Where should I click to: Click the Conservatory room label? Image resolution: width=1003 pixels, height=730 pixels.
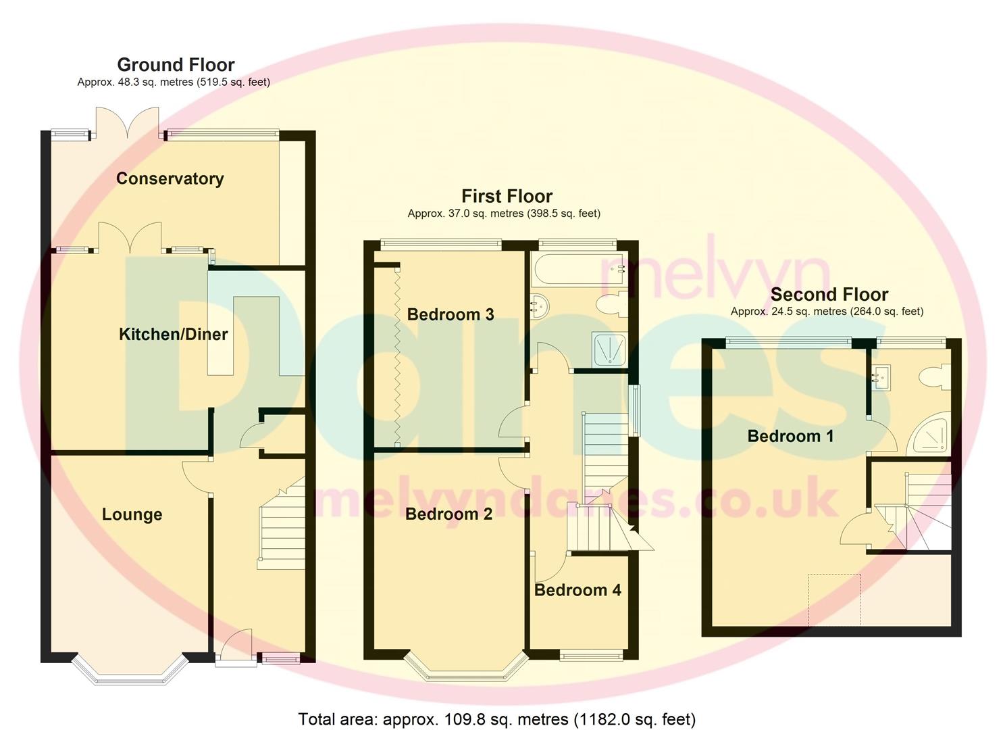[170, 178]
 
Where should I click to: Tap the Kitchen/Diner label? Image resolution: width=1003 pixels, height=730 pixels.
[173, 334]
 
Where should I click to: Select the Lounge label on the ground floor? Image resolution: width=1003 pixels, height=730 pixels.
[132, 514]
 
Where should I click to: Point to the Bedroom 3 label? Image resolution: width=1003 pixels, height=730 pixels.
[451, 314]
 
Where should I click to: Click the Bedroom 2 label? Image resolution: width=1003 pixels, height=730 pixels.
[448, 514]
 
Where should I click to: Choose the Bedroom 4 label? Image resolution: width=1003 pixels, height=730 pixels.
[577, 590]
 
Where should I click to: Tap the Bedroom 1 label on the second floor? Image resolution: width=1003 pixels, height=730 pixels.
[790, 436]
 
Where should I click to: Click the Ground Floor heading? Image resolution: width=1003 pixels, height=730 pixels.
[176, 65]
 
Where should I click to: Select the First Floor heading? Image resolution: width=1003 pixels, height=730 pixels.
[507, 196]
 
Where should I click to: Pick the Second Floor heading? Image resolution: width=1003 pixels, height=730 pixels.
[829, 295]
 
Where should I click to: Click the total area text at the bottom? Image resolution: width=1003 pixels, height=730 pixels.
[496, 719]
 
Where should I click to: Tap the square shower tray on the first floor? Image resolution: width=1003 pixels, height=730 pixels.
[609, 349]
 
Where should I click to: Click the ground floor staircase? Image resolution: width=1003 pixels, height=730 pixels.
[280, 527]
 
